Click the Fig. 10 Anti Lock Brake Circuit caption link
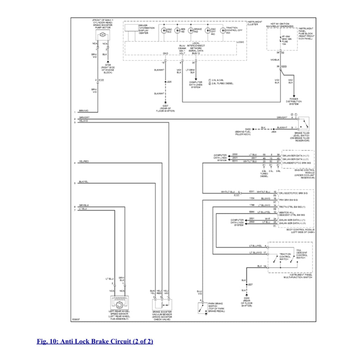95,341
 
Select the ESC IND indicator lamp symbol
164,31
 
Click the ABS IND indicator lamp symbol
178,31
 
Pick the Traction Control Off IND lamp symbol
223,31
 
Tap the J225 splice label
169,82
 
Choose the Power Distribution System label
294,102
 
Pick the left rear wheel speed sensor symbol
120,303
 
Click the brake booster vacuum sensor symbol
162,303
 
